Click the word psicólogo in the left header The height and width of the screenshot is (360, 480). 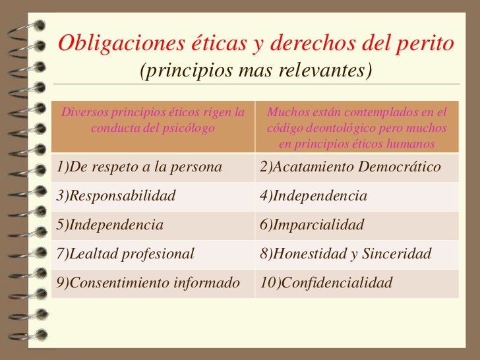[x=185, y=128]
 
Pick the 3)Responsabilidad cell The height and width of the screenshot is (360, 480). [x=116, y=196]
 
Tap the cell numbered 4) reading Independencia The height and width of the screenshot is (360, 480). [x=313, y=196]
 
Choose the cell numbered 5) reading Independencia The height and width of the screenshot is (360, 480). [x=109, y=225]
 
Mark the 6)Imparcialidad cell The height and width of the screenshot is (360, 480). [x=312, y=225]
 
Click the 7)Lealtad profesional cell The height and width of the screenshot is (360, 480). [x=125, y=254]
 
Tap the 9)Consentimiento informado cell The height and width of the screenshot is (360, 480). [x=148, y=283]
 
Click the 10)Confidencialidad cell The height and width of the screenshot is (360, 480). [x=326, y=283]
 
